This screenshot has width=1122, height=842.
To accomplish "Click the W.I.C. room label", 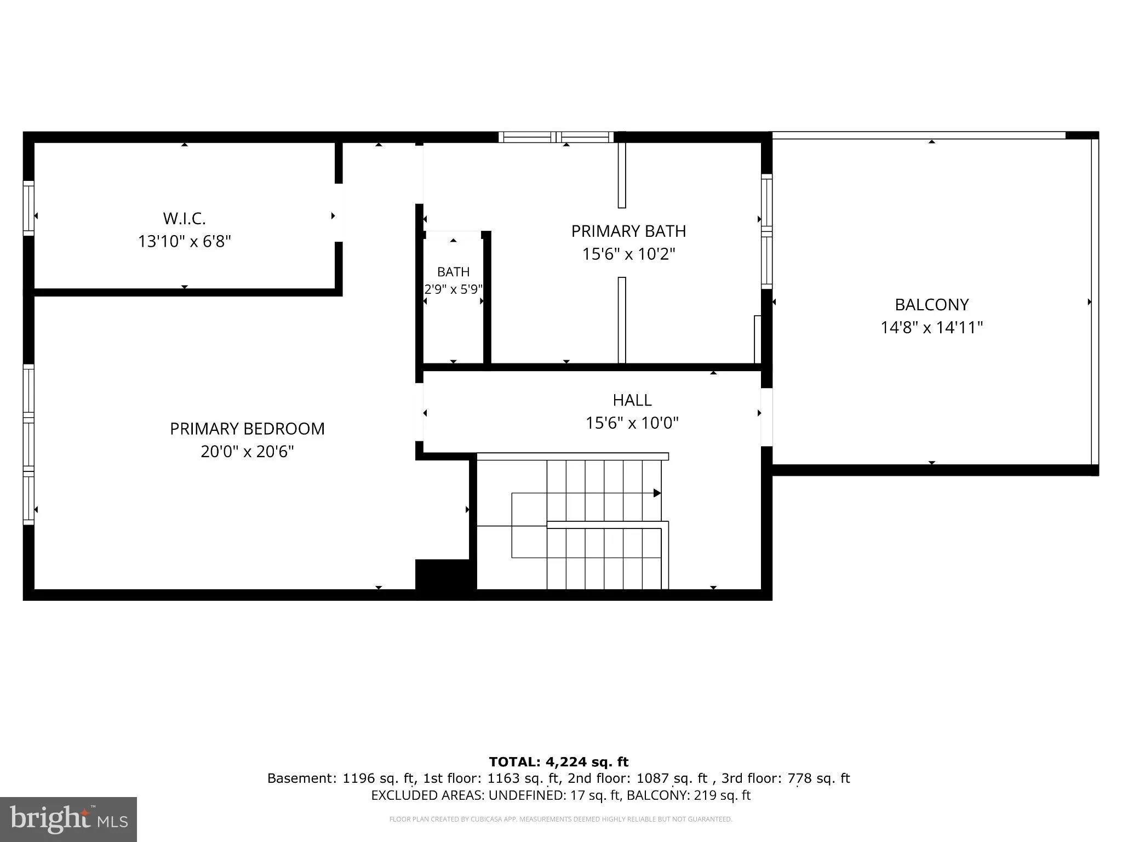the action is pyautogui.click(x=184, y=219).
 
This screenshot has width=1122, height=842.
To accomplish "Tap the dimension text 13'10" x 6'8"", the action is pyautogui.click(x=184, y=241).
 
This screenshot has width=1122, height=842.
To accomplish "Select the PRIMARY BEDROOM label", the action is pyautogui.click(x=247, y=429).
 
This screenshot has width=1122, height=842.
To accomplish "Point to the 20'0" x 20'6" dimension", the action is pyautogui.click(x=247, y=452).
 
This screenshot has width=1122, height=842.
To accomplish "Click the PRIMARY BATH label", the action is pyautogui.click(x=628, y=231).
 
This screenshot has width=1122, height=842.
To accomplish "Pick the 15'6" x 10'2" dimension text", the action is pyautogui.click(x=628, y=254).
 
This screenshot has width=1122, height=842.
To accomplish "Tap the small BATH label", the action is pyautogui.click(x=453, y=272).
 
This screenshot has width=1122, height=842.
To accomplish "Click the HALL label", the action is pyautogui.click(x=632, y=400).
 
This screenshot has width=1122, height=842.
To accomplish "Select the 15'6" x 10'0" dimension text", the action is pyautogui.click(x=632, y=423).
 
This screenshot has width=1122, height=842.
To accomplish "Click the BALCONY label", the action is pyautogui.click(x=932, y=305).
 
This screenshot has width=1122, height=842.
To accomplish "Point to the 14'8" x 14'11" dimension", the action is pyautogui.click(x=932, y=328).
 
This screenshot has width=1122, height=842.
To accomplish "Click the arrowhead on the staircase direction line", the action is pyautogui.click(x=657, y=493).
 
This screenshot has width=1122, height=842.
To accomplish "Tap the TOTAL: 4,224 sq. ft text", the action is pyautogui.click(x=559, y=762).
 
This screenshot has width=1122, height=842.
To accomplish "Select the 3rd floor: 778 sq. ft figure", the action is pyautogui.click(x=786, y=778).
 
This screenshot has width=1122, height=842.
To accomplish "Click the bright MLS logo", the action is pyautogui.click(x=68, y=819).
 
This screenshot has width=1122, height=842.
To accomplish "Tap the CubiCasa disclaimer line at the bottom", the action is pyautogui.click(x=560, y=820).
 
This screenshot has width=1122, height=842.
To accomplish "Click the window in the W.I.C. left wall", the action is pyautogui.click(x=28, y=208).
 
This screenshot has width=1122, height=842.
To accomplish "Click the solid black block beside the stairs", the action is pyautogui.click(x=445, y=575).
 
